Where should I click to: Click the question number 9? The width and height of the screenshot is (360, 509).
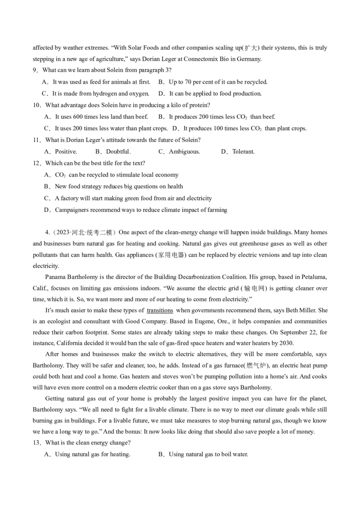[x=35, y=71]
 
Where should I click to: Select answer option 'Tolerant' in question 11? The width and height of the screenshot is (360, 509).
[x=243, y=152]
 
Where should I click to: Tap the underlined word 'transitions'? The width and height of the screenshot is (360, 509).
[x=160, y=310]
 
